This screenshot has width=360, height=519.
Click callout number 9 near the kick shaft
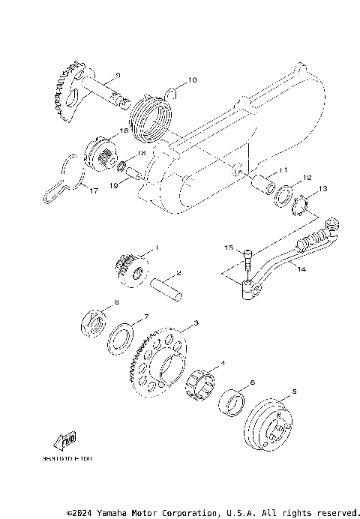click(x=117, y=75)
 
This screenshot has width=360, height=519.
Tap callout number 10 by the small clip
click(x=191, y=79)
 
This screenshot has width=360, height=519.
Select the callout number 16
click(x=125, y=130)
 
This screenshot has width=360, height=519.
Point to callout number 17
click(x=94, y=191)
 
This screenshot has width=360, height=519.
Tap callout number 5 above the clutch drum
click(x=295, y=391)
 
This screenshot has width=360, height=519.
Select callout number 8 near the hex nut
click(x=116, y=302)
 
